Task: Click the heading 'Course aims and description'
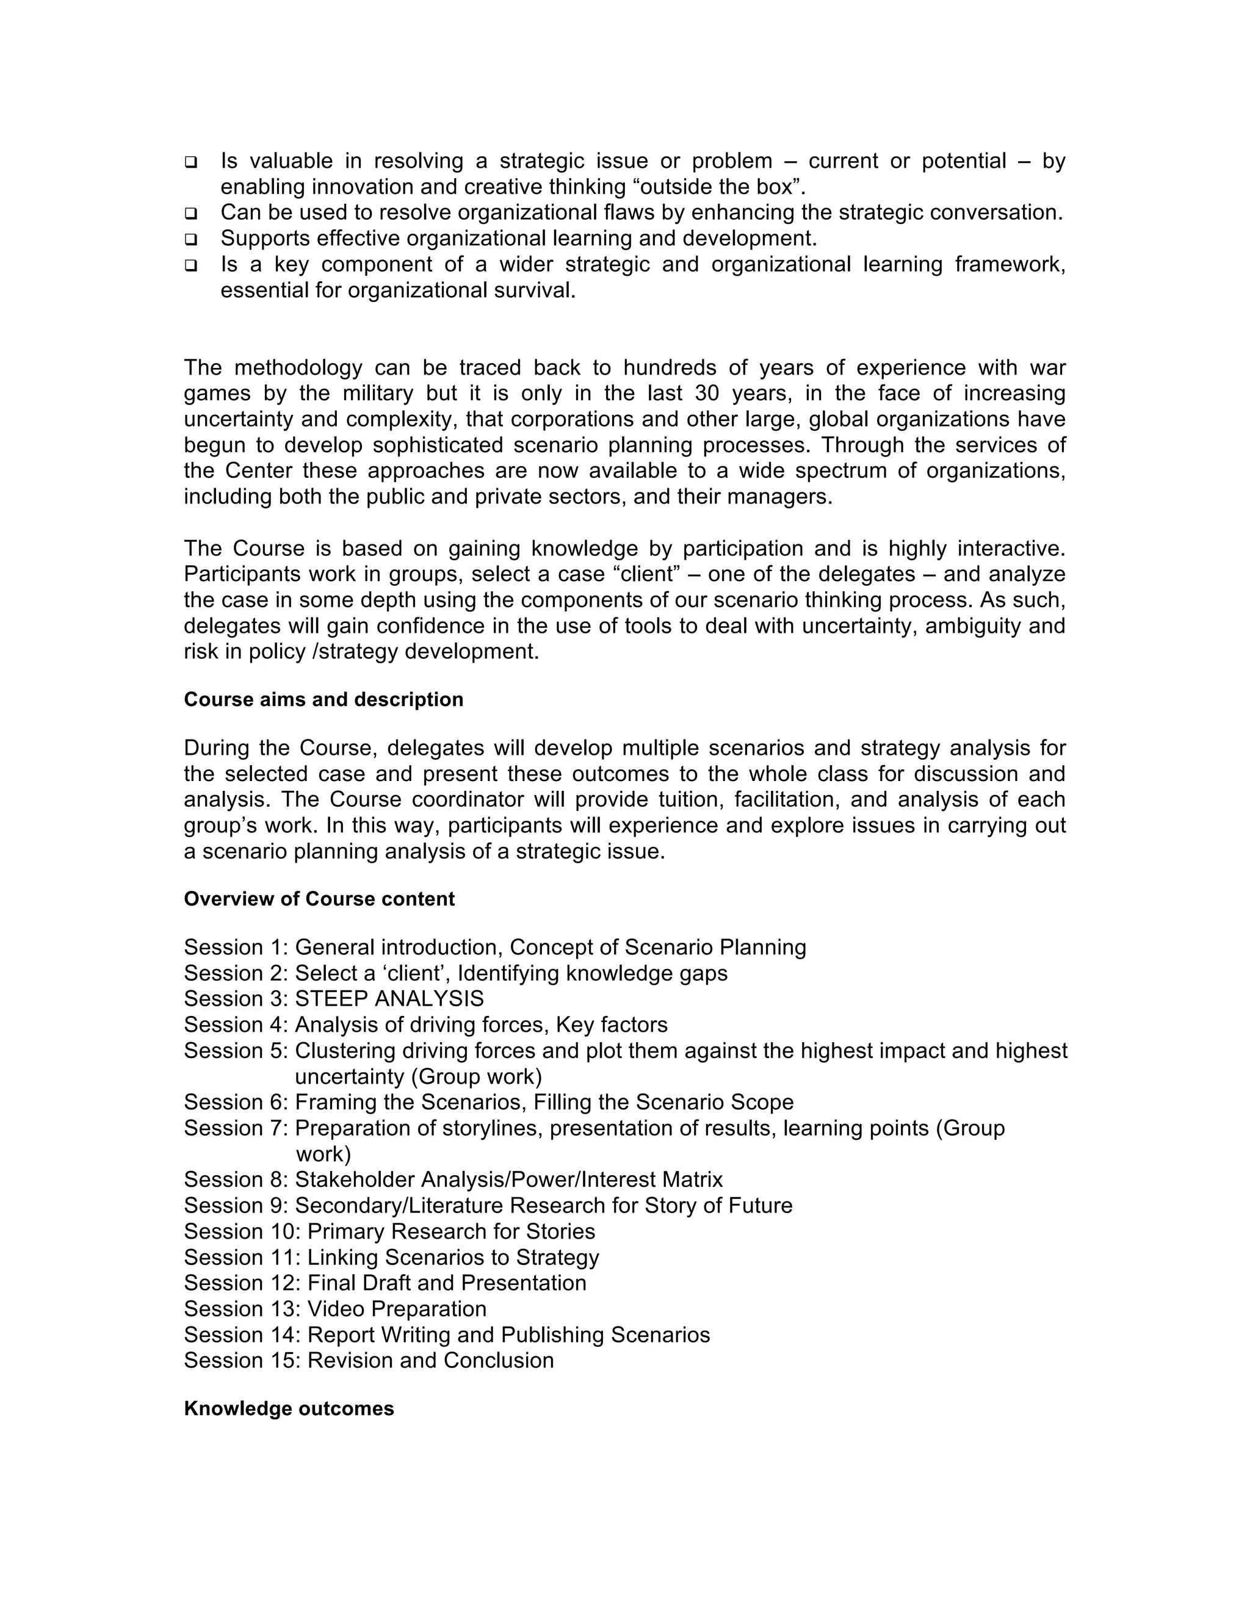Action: tap(323, 700)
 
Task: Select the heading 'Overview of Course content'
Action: tap(319, 899)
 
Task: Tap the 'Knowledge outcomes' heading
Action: tap(289, 1408)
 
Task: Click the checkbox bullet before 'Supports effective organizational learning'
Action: tap(191, 240)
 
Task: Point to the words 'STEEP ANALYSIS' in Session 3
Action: tap(389, 999)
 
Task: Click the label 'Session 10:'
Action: tap(242, 1231)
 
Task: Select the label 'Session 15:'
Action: tap(242, 1360)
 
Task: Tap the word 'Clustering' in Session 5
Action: tap(345, 1051)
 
